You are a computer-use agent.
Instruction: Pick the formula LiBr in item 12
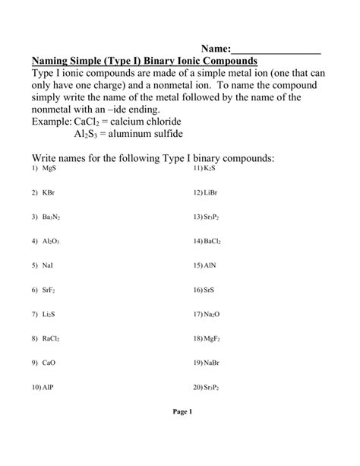coord(212,192)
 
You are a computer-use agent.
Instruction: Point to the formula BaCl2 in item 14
coord(213,241)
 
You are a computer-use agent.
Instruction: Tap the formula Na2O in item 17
coord(213,314)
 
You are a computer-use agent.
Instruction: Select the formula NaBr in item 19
coord(213,363)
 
